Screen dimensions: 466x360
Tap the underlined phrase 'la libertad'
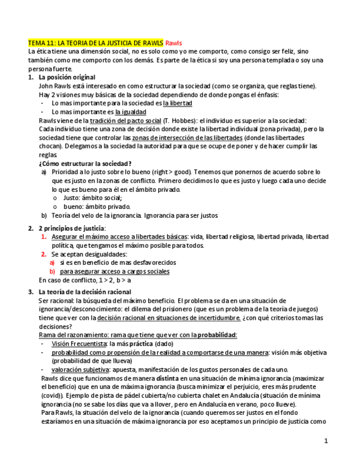pos(178,103)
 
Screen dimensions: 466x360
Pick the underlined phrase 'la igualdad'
pos(130,112)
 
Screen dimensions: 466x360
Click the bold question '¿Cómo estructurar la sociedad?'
pos(85,164)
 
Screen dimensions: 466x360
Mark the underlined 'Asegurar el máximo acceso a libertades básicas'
pos(119,237)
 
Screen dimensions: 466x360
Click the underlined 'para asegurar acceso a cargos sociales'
pos(114,271)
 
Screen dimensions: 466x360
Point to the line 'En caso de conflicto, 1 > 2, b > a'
pos(85,280)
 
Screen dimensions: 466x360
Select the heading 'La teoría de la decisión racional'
pos(85,292)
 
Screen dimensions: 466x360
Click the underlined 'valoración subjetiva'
pos(80,369)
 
